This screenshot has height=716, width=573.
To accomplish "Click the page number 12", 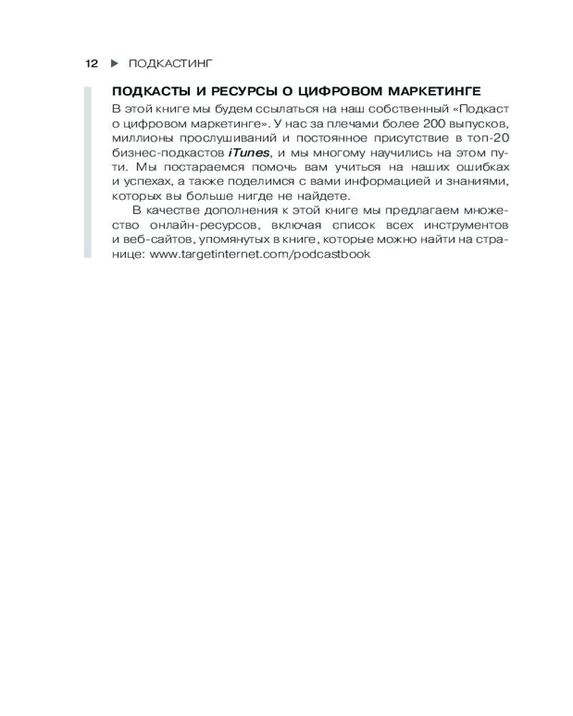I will tap(91, 64).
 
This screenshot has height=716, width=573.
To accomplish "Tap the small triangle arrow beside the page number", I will tap(114, 64).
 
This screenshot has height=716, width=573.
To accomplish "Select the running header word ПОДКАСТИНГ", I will tap(171, 64).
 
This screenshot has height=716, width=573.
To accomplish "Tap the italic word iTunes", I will tap(249, 153).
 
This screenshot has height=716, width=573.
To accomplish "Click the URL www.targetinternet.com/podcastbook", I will tap(261, 254).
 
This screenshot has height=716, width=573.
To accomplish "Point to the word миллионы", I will tap(139, 138).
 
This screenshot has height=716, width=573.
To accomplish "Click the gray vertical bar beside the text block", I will tap(87, 172).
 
